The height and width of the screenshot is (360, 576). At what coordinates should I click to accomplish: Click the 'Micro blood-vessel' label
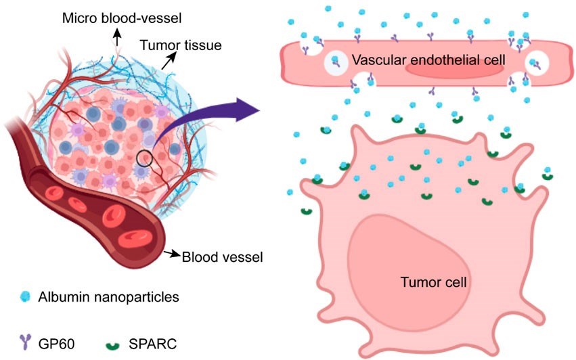tap(116, 14)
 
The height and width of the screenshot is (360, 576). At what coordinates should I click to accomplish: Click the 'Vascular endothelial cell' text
tap(428, 62)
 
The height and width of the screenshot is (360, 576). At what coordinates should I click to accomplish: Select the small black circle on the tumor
tap(143, 158)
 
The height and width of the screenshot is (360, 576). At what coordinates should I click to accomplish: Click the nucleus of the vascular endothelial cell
tap(454, 67)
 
